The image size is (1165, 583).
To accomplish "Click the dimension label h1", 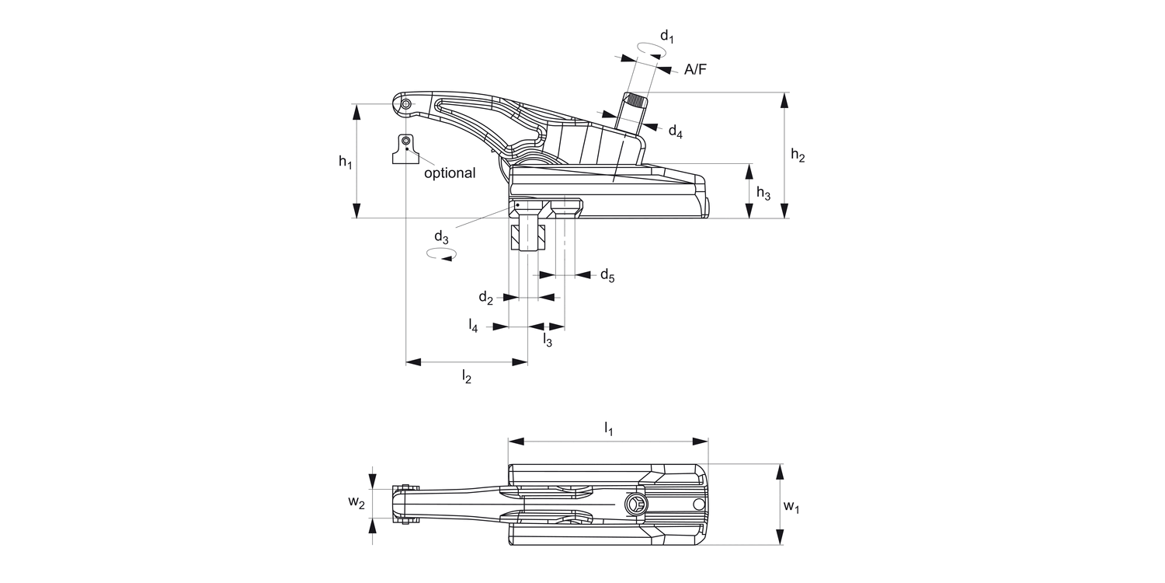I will click(x=346, y=162).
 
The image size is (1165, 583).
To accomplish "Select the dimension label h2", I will click(x=798, y=155).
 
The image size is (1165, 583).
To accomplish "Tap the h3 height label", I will click(x=763, y=194).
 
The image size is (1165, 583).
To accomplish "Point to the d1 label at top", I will click(x=666, y=35).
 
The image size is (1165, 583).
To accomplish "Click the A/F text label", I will click(x=695, y=70).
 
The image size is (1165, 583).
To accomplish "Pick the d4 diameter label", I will click(x=675, y=131).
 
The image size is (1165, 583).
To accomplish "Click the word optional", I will click(x=449, y=173).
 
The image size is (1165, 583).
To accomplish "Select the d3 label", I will click(x=441, y=236).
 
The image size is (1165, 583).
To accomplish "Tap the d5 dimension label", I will click(x=607, y=275).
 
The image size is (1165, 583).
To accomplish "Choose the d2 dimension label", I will click(x=485, y=298).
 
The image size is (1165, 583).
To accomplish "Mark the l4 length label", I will click(x=473, y=325).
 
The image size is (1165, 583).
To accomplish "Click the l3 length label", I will click(x=547, y=340).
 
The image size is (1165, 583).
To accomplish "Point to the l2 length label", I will click(x=466, y=377).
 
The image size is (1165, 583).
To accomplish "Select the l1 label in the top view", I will click(x=609, y=428).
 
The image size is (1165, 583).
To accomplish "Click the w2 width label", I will click(x=356, y=503).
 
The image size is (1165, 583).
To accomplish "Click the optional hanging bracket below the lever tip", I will click(x=405, y=149).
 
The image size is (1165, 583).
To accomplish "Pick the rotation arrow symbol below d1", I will click(x=651, y=49).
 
